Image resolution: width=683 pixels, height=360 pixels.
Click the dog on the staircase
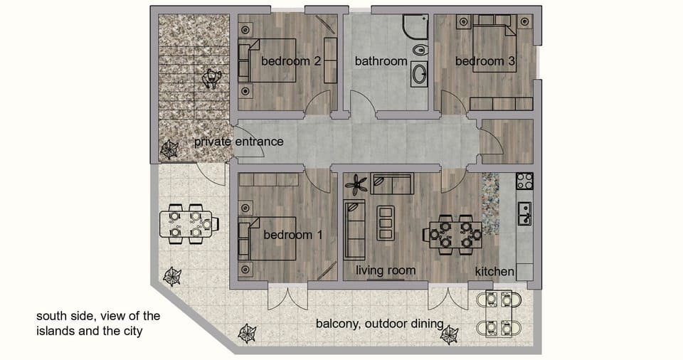tap(212, 78)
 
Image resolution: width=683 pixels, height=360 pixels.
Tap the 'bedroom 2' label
tap(290, 61)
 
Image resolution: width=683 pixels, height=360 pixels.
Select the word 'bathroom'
tap(381, 61)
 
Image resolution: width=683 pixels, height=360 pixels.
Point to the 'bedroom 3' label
tap(485, 61)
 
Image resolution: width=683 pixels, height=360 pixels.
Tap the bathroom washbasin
tap(419, 74)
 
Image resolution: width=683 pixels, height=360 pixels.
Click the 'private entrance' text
tap(238, 142)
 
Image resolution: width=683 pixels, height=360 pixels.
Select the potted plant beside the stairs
tap(169, 149)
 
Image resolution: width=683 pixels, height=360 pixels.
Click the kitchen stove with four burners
tap(524, 181)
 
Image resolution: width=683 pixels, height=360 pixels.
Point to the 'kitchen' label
tap(494, 271)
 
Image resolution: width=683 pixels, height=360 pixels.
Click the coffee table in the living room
tap(385, 223)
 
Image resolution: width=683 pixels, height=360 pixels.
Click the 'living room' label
tap(386, 270)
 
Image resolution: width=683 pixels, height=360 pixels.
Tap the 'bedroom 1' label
tap(292, 235)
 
